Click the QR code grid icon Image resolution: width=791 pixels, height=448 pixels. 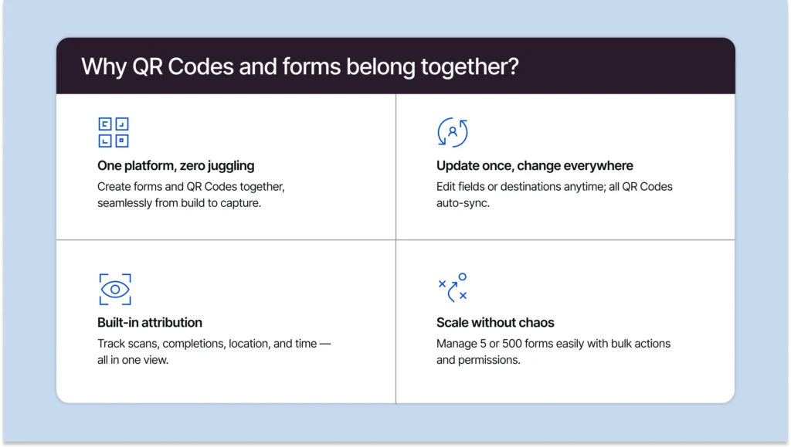coord(114,132)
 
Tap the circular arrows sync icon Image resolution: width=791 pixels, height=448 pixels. coord(452,132)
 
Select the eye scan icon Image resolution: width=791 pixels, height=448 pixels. coord(114,289)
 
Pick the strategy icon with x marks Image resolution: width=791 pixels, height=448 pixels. coord(452,287)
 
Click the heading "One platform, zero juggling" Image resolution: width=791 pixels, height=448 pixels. coord(175,165)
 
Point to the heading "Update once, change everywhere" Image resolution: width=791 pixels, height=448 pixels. coord(535,165)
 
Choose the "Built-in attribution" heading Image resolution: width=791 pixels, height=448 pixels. coord(150,322)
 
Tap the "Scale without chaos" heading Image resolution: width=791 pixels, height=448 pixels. coord(495,322)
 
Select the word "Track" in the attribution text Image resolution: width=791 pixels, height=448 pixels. coord(111,343)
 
